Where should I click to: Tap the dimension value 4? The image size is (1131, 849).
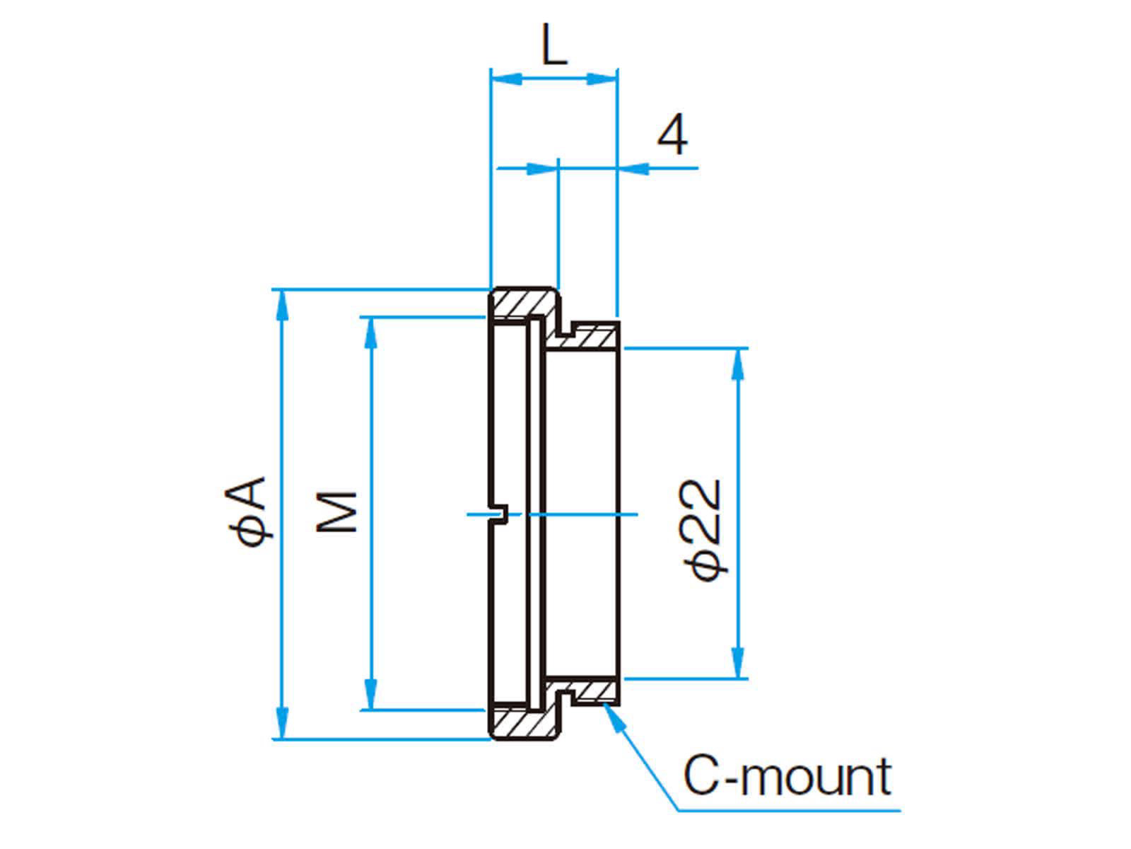pos(672,136)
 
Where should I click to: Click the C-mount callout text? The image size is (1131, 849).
pos(786,777)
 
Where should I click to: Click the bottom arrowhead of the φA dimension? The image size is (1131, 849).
pos(282,724)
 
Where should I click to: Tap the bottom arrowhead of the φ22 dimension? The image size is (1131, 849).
pos(739,664)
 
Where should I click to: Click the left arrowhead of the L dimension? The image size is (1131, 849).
pos(505,78)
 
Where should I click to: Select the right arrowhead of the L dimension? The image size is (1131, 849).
pos(603,78)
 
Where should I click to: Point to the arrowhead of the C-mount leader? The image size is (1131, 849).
pos(609,713)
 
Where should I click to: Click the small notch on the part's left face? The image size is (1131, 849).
pos(499,514)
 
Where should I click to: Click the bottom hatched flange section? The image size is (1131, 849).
pos(523,723)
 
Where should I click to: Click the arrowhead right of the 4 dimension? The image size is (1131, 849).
pos(633,168)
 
